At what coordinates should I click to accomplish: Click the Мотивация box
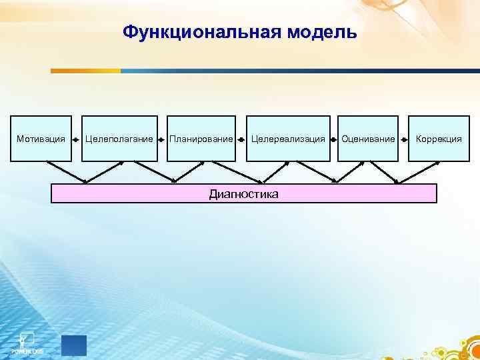click(x=41, y=139)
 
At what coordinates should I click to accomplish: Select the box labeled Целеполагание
click(x=117, y=139)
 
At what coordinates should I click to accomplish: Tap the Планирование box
click(x=201, y=139)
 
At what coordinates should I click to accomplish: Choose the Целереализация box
click(x=288, y=139)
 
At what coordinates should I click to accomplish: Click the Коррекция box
click(x=438, y=139)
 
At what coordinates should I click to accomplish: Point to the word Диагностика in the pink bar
click(x=244, y=194)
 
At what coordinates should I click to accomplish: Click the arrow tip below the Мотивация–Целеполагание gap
click(x=85, y=181)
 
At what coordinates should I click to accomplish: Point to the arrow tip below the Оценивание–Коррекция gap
click(x=399, y=181)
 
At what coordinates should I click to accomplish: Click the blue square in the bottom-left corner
click(x=73, y=346)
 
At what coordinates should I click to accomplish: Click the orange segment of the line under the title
click(x=86, y=71)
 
